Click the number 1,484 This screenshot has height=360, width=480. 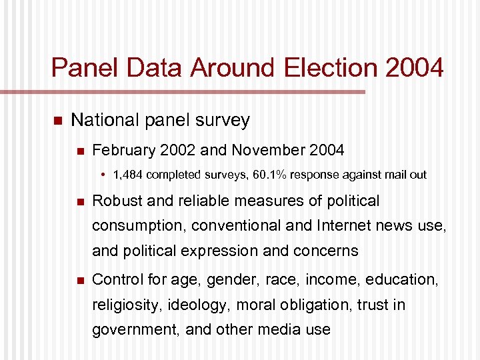(x=127, y=175)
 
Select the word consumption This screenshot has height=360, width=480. (x=137, y=226)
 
